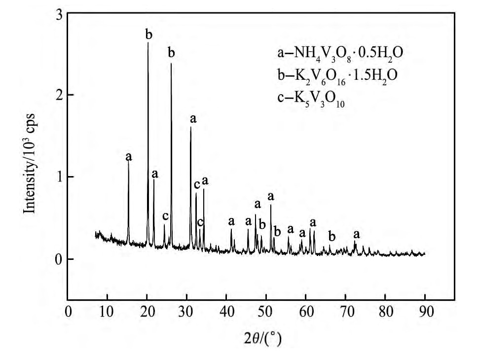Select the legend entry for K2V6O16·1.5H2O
pyautogui.click(x=337, y=74)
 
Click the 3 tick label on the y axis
pyautogui.click(x=58, y=15)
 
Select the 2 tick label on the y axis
pyautogui.click(x=58, y=95)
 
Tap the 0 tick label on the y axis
pyautogui.click(x=58, y=259)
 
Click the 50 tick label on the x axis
pyautogui.click(x=266, y=312)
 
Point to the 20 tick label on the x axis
pyautogui.click(x=147, y=312)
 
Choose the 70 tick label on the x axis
pyautogui.click(x=346, y=312)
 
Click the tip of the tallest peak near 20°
pyautogui.click(x=148, y=43)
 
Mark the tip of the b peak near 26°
pyautogui.click(x=171, y=64)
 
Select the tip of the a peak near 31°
pyautogui.click(x=191, y=127)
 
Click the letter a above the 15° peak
pyautogui.click(x=129, y=157)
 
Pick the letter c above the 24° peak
pyautogui.click(x=165, y=216)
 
